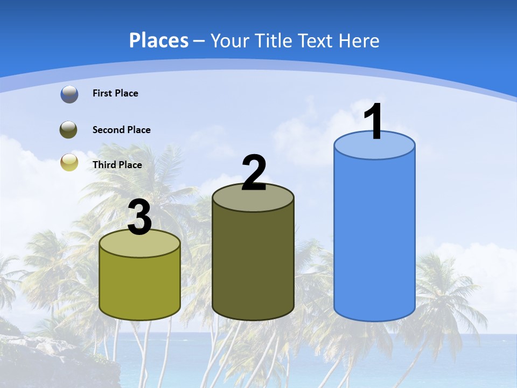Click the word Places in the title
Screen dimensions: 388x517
(x=159, y=40)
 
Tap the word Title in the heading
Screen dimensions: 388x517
(x=275, y=40)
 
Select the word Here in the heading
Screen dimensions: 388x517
(x=360, y=40)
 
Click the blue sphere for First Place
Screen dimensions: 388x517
(x=69, y=94)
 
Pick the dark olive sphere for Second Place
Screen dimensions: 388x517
(x=68, y=130)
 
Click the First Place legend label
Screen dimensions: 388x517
(x=115, y=93)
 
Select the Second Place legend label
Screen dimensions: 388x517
(x=121, y=130)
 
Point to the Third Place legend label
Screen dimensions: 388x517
(x=117, y=165)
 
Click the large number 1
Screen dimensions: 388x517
(x=374, y=122)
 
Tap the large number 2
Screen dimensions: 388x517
(x=254, y=173)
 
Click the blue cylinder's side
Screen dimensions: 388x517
(x=374, y=237)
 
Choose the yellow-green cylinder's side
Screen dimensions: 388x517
(x=139, y=283)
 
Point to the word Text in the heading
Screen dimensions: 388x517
(x=318, y=40)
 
